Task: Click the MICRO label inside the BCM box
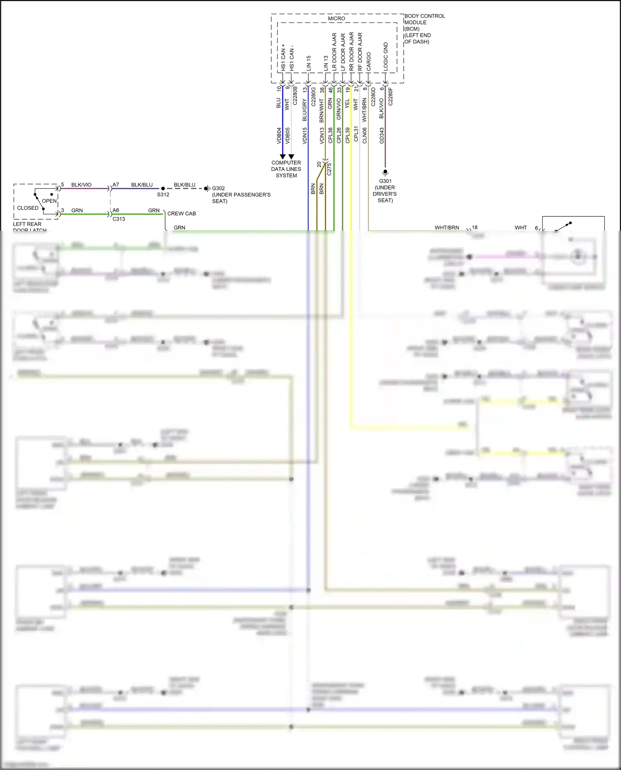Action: pos(336,19)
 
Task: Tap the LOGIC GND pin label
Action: pos(386,57)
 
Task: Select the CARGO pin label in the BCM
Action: pos(368,61)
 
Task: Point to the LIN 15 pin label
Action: pos(308,63)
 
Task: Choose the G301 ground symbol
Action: pos(385,172)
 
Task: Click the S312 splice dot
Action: pos(163,189)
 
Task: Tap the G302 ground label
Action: pos(219,188)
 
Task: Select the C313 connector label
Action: pos(119,219)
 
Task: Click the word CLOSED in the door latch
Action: pos(28,208)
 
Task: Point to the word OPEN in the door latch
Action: pos(49,201)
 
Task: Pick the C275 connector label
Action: pos(329,169)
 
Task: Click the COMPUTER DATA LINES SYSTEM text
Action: pos(286,169)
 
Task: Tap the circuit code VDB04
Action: pos(279,135)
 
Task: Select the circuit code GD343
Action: pos(382,135)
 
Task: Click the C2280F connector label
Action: pos(390,96)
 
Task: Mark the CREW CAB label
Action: pos(181,213)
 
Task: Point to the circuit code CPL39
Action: pos(347,135)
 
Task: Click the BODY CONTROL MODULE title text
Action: pos(424,19)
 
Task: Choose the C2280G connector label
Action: pos(313,96)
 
